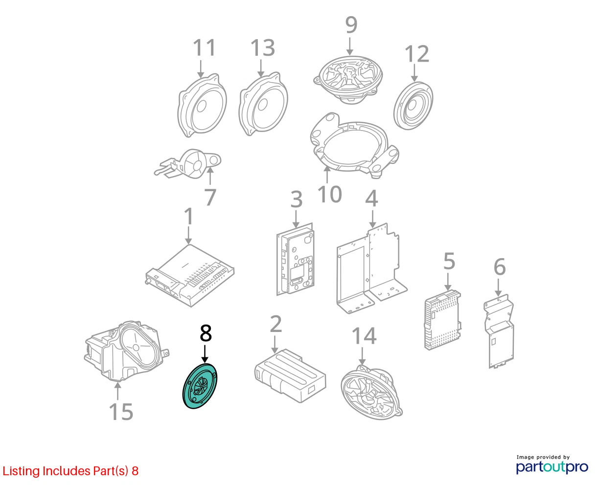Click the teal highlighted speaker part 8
pos(200,386)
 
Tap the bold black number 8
pos(206,333)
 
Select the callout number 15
pos(121,412)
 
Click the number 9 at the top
pos(351,25)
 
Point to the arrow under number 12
pos(414,73)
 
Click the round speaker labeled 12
pos(413,106)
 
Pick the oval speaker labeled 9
pos(348,80)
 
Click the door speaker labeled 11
pos(202,106)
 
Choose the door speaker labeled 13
pos(263,104)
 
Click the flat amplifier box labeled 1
pos(190,276)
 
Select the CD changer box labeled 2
pos(290,375)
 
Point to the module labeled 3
pos(295,259)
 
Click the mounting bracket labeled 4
pos(371,268)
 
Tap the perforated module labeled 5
pos(442,320)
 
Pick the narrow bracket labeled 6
pos(499,331)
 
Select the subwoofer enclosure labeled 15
pos(127,351)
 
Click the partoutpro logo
pos(552,467)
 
